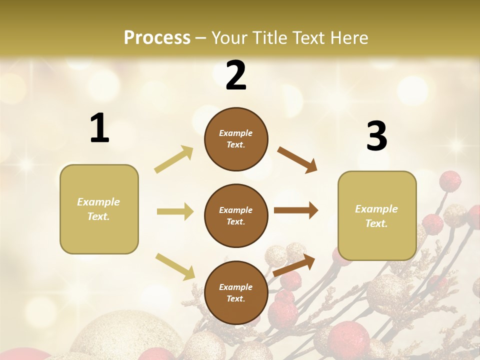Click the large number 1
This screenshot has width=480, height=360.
(99, 128)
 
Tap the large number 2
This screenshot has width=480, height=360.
(236, 75)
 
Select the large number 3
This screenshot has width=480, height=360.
(376, 136)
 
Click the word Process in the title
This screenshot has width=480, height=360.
(157, 37)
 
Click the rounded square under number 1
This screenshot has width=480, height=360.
(99, 209)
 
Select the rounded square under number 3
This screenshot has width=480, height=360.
(377, 216)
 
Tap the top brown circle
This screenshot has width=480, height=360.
(236, 139)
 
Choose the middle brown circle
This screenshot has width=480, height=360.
(236, 216)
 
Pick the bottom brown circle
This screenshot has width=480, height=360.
(236, 293)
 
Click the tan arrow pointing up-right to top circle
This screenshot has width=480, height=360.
(174, 159)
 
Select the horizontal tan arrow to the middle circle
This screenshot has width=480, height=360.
(175, 211)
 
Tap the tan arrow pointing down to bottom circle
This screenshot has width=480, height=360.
(175, 266)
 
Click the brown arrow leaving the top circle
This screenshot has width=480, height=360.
(297, 160)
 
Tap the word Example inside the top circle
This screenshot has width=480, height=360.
(236, 133)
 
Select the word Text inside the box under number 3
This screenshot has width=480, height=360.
(376, 223)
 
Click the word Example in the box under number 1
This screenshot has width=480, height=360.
(98, 202)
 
